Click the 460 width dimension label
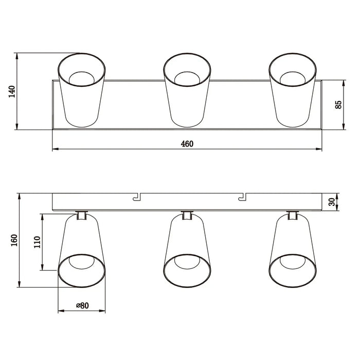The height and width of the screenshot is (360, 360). tap(187, 144)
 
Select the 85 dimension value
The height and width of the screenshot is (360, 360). tap(338, 104)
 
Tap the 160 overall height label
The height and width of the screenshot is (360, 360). tap(14, 240)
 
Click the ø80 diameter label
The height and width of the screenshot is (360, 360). tap(82, 305)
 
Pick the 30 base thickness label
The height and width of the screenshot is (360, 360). tap(338, 201)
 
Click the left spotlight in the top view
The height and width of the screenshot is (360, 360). tap(82, 90)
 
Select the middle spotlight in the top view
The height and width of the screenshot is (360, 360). tap(187, 90)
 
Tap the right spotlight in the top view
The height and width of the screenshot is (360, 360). tap(293, 90)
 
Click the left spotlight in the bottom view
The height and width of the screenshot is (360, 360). tap(82, 252)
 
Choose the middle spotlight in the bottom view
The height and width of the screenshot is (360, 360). tap(187, 252)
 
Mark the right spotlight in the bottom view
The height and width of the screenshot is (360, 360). tap(293, 252)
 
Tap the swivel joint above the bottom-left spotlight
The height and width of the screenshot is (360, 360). tap(81, 215)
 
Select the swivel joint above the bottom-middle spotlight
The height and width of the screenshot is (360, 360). tap(187, 215)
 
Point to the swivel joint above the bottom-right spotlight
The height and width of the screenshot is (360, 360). tap(293, 215)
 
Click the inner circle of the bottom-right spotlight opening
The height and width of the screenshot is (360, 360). tap(293, 262)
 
